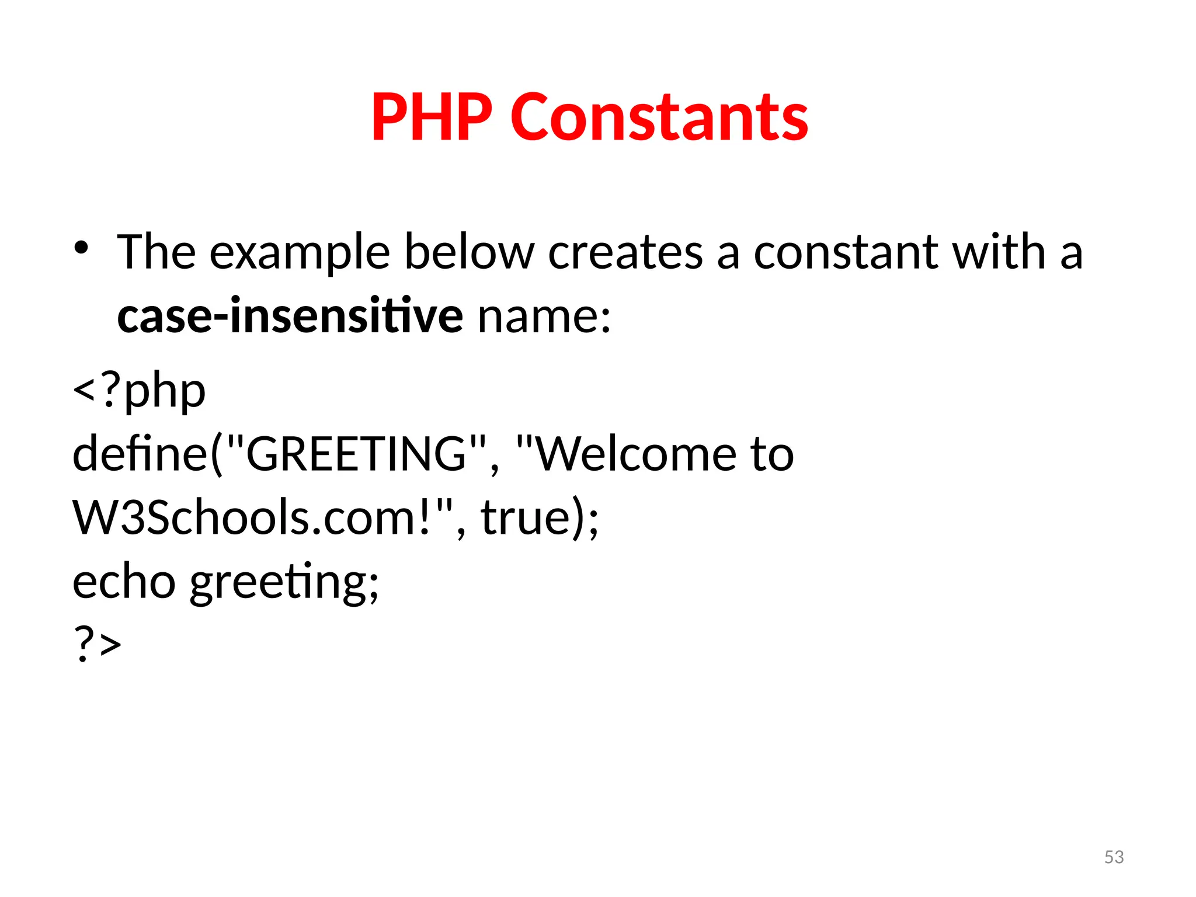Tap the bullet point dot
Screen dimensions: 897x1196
point(81,248)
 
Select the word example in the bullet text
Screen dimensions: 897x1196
point(300,252)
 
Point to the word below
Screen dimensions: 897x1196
point(469,252)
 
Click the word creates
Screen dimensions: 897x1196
point(625,252)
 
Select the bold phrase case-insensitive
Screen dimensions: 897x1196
point(290,315)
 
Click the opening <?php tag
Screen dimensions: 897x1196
point(139,390)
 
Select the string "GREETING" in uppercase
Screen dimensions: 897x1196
point(356,454)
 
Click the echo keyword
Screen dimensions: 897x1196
point(124,582)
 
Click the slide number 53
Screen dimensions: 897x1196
point(1114,857)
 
